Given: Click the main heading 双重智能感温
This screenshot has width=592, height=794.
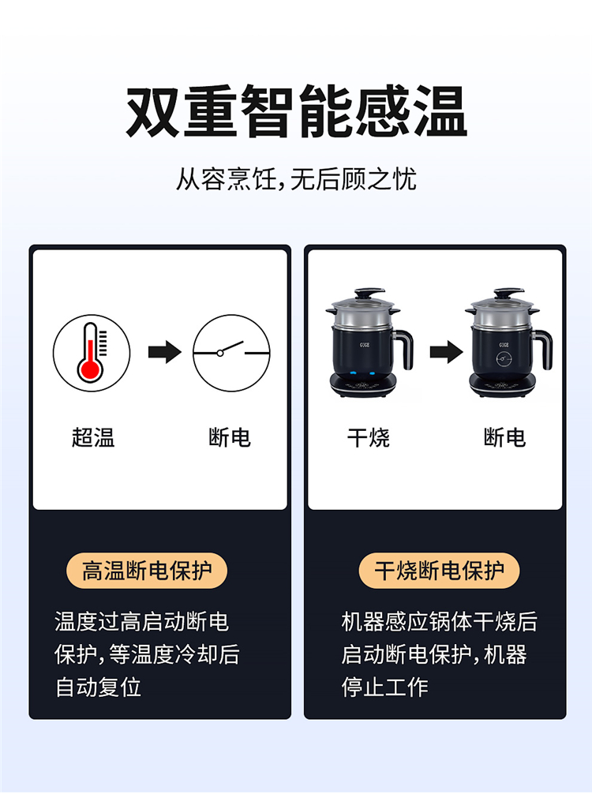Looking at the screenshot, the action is tap(296, 112).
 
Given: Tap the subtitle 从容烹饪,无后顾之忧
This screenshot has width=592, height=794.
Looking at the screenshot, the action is tap(296, 179).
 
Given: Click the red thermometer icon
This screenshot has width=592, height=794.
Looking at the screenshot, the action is tap(92, 353).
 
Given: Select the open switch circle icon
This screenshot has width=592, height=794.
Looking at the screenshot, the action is tap(231, 353).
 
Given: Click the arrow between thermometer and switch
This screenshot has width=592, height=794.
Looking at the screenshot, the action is tap(165, 352).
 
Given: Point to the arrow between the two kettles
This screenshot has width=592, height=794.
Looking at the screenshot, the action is tap(446, 352).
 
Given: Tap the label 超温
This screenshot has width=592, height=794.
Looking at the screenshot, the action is tap(93, 437).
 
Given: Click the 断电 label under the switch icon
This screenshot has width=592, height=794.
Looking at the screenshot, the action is tap(230, 437).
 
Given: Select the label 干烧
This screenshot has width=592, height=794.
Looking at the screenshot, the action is tap(368, 437).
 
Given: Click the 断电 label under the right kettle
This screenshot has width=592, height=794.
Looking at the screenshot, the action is tap(504, 437).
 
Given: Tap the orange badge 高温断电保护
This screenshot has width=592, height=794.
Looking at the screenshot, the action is tap(147, 571).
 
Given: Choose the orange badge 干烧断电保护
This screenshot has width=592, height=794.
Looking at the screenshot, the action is tap(439, 571).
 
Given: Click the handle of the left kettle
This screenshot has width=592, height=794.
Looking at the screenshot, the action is tap(404, 348).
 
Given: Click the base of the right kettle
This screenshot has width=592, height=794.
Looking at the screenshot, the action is tap(504, 386).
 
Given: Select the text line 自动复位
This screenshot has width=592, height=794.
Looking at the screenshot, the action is tap(98, 687).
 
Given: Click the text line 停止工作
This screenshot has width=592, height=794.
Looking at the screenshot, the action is tap(385, 687).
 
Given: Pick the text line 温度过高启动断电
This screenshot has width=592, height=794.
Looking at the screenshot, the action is tap(142, 622).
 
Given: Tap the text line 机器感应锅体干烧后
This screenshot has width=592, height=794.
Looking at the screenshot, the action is tap(439, 622).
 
